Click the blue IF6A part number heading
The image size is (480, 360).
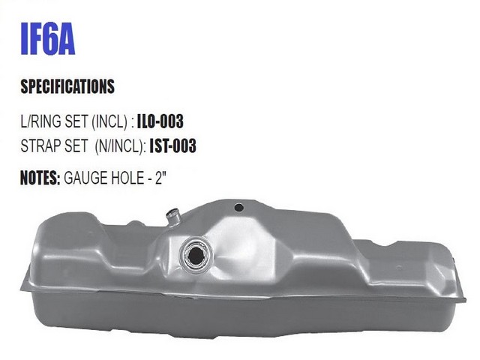click(48, 38)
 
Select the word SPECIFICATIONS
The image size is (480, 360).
click(67, 86)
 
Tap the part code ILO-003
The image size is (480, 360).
click(160, 121)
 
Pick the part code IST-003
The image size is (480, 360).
click(172, 145)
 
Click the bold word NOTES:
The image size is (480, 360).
click(40, 178)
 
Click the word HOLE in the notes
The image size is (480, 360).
click(127, 178)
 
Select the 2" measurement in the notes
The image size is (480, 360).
click(161, 178)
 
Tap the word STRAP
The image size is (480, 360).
click(40, 145)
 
